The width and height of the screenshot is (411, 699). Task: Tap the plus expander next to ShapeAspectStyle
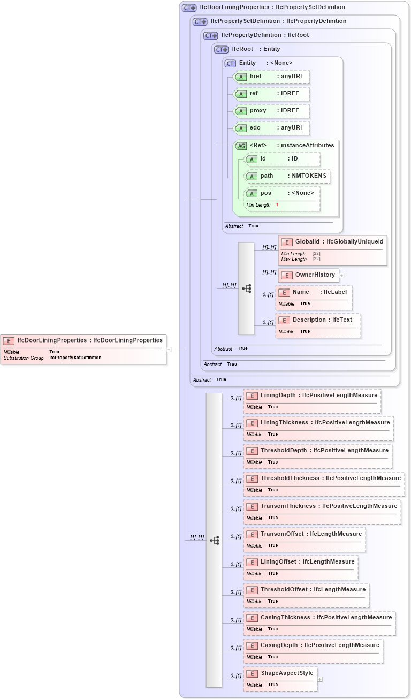click(x=320, y=679)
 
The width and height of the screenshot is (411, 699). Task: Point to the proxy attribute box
click(x=272, y=111)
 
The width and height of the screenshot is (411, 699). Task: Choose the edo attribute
click(x=272, y=128)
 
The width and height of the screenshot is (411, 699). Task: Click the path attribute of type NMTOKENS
click(x=286, y=176)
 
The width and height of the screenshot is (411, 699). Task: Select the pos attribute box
click(x=281, y=193)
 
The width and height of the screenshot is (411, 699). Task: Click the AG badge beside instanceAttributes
click(x=241, y=146)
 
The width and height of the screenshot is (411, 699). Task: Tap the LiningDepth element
click(x=312, y=396)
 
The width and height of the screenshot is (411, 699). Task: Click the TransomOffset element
click(x=304, y=534)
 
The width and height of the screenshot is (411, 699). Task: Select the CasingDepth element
click(x=313, y=645)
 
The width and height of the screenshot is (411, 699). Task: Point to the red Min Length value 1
click(x=277, y=205)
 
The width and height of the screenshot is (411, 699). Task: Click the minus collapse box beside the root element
click(x=169, y=349)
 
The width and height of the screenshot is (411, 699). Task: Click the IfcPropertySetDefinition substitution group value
click(x=75, y=358)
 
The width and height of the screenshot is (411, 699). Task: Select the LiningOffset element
click(x=300, y=562)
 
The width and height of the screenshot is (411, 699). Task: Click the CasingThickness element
click(x=319, y=618)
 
